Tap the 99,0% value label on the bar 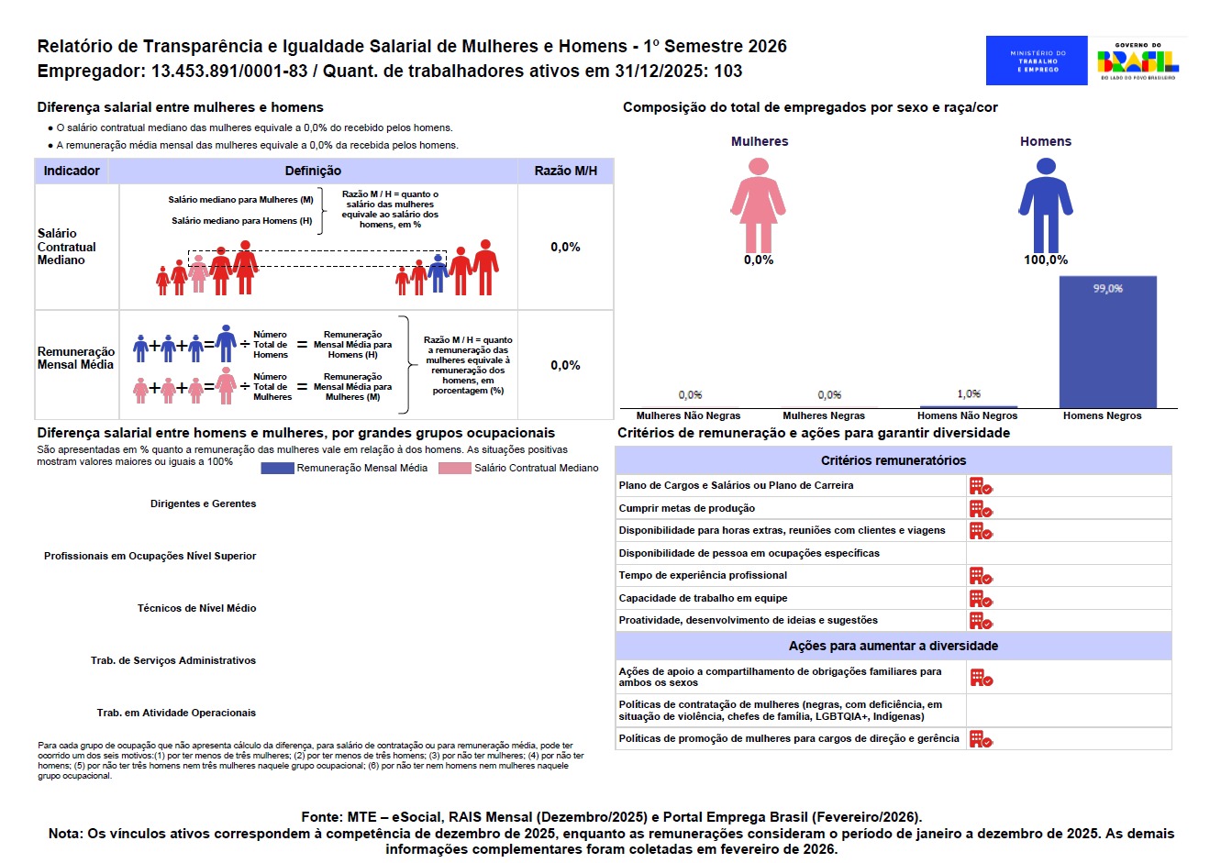[x=1107, y=289]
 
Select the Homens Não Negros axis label [x=967, y=415]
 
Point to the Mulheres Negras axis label [x=824, y=415]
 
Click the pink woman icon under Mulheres [x=759, y=205]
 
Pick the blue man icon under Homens [x=1046, y=205]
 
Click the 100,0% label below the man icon [x=1046, y=260]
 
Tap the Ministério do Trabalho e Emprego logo [x=1037, y=61]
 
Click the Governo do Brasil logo [x=1138, y=61]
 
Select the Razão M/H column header [x=565, y=171]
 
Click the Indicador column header [x=72, y=171]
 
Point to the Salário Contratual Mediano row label [x=66, y=247]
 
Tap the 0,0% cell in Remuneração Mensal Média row [x=565, y=365]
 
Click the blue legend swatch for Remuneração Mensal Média [x=277, y=468]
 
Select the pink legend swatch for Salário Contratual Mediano [x=455, y=468]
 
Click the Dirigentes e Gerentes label [x=204, y=503]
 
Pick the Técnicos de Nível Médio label [x=197, y=608]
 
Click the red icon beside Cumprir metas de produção [x=981, y=508]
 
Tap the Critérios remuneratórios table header [x=893, y=460]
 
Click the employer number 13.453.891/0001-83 [x=229, y=71]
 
